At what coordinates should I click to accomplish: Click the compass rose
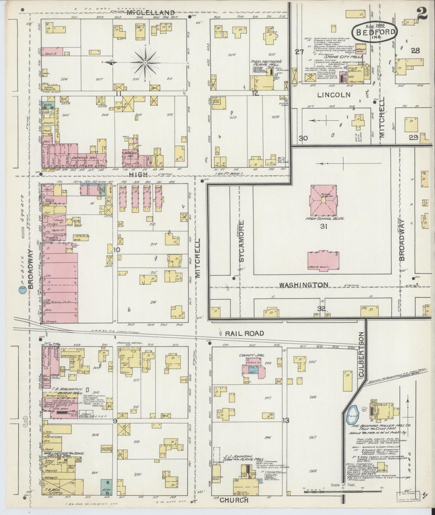pyautogui.click(x=145, y=62)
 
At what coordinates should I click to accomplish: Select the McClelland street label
pyautogui.click(x=151, y=13)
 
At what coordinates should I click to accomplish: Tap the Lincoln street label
pyautogui.click(x=334, y=95)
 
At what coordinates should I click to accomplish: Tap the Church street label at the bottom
pyautogui.click(x=234, y=500)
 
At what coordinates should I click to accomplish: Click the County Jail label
pyautogui.click(x=256, y=355)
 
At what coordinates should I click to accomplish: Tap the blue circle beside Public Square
pyautogui.click(x=22, y=290)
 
